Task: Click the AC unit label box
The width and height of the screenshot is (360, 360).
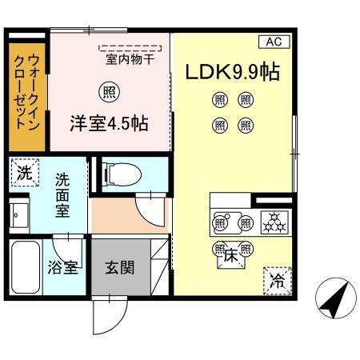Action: (x=273, y=42)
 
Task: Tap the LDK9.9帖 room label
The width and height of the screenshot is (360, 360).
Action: (x=232, y=72)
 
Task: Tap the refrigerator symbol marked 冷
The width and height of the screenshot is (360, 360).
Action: (x=276, y=280)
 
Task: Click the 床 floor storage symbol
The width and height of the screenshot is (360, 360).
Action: (x=231, y=257)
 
